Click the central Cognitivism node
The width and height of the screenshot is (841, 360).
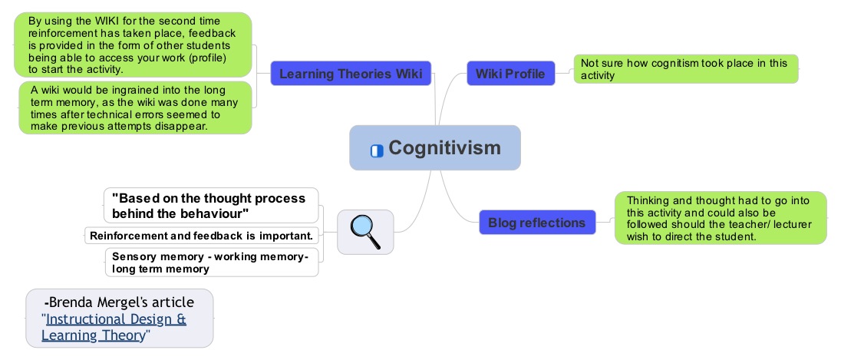435,147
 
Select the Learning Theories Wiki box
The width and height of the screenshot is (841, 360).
351,74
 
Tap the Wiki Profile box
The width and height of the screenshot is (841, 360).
510,74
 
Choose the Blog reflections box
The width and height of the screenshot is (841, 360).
537,222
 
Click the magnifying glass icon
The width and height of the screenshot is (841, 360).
365,232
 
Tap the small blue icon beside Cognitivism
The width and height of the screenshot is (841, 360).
377,150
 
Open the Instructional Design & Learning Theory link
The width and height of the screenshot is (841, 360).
114,327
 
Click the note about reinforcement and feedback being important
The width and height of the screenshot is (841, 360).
203,236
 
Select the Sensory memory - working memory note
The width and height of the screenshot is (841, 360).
212,263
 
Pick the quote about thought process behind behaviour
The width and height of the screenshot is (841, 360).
211,206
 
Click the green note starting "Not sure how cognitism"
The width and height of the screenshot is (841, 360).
686,68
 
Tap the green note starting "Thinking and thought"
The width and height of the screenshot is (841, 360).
721,218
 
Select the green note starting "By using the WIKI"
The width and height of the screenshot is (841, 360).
133,45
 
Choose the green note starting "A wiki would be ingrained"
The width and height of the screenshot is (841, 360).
135,107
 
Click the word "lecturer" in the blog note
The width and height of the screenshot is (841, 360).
790,224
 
